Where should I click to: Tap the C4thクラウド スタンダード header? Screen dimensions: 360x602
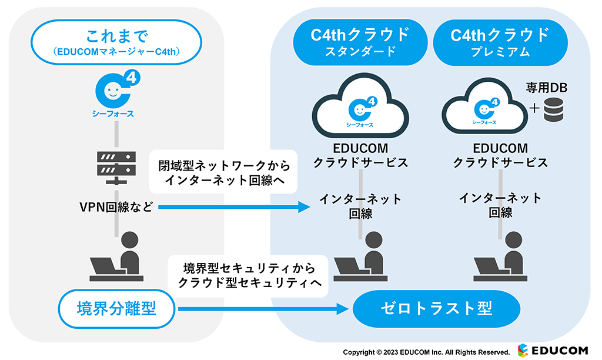[360, 43]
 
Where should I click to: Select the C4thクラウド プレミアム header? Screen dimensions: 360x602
[500, 43]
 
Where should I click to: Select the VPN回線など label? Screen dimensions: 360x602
[116, 206]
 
